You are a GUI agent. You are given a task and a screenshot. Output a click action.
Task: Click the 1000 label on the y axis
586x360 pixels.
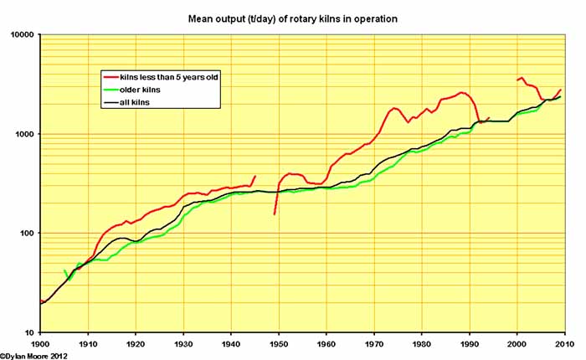pos(23,134)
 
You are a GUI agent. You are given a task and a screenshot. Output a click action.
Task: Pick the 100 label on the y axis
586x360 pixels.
pos(25,234)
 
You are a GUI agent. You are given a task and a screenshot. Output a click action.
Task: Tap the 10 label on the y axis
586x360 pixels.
pos(28,332)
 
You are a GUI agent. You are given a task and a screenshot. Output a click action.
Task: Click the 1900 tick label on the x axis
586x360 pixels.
pos(40,343)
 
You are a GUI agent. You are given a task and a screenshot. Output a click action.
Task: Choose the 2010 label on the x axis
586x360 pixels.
pos(563,343)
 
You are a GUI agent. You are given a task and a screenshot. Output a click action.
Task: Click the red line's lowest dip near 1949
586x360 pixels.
pos(275,214)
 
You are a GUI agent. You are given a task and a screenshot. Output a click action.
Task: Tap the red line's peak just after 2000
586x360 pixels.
pos(522,78)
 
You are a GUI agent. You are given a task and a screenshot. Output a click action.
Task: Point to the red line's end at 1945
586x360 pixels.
pos(255,176)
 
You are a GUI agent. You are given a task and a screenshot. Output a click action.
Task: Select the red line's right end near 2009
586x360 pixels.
pos(560,90)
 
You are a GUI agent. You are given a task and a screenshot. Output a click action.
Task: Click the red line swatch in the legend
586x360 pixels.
pos(110,77)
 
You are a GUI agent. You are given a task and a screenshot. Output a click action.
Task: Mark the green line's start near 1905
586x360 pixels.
pos(64,270)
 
